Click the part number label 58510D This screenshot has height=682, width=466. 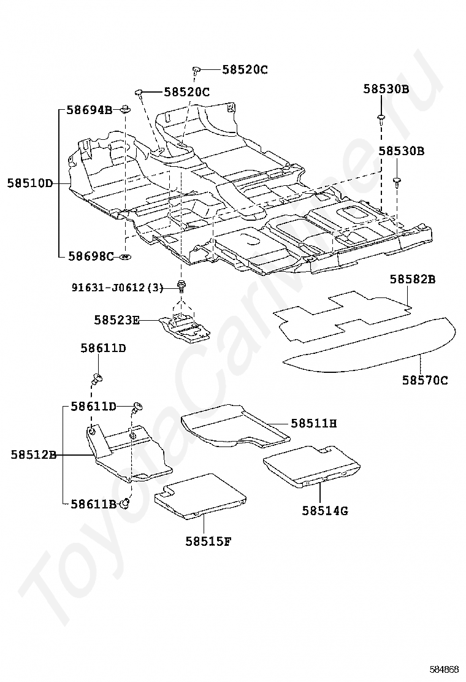pyautogui.click(x=29, y=183)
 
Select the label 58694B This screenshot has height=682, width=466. pyautogui.click(x=89, y=110)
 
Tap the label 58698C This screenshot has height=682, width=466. pyautogui.click(x=91, y=256)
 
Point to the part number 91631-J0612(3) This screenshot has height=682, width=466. pyautogui.click(x=118, y=288)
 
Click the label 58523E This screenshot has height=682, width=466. pyautogui.click(x=117, y=320)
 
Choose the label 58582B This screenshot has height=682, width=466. pyautogui.click(x=413, y=279)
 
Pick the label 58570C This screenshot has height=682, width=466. pyautogui.click(x=425, y=380)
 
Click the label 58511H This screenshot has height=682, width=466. pyautogui.click(x=314, y=423)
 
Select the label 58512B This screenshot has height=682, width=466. pyautogui.click(x=34, y=455)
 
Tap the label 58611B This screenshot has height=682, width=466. pyautogui.click(x=93, y=504)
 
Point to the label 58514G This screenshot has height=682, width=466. pyautogui.click(x=325, y=510)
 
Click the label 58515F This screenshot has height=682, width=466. pyautogui.click(x=208, y=542)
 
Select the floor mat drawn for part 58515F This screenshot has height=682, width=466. pyautogui.click(x=200, y=496)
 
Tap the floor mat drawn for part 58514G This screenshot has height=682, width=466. pyautogui.click(x=311, y=466)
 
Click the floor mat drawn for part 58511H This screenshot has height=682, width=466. pyautogui.click(x=235, y=426)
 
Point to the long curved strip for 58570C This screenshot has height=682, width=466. pyautogui.click(x=370, y=346)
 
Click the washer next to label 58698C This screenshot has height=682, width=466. pyautogui.click(x=125, y=256)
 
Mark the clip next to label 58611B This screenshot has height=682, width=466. pyautogui.click(x=125, y=504)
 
